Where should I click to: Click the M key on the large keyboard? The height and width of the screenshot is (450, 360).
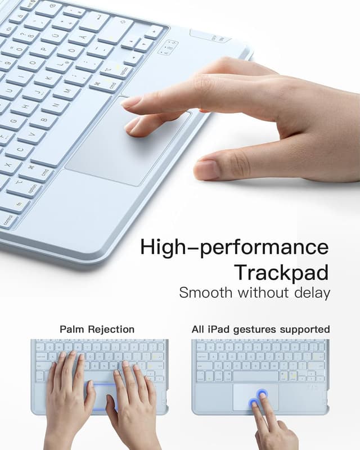68,92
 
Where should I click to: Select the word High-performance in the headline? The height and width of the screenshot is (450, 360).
235,247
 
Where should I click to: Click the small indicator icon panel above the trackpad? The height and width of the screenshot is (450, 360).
167,48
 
